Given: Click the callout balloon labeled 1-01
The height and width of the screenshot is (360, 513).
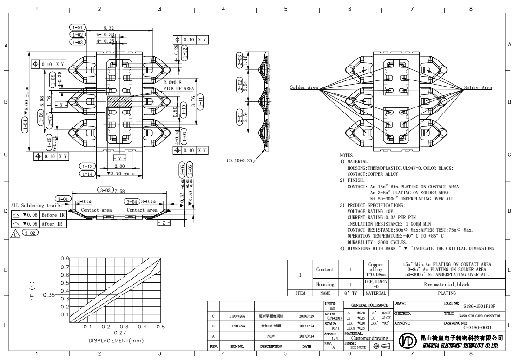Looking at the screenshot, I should coord(77,28).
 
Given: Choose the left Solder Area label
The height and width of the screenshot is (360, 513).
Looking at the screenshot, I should coord(304,87).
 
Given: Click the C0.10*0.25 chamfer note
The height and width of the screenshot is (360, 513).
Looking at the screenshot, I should coord(240,160).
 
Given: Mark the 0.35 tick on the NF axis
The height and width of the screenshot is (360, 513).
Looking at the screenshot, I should coord(49,295).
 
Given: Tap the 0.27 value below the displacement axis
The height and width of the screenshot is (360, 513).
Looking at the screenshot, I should coord(120,333).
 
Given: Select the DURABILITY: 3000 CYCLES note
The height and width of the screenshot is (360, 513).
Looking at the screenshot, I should coord(377,242).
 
